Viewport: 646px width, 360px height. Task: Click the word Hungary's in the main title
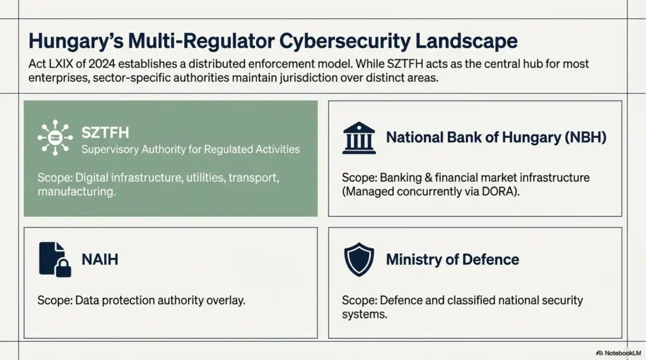[x=76, y=42]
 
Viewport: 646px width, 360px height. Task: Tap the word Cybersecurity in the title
[x=345, y=42]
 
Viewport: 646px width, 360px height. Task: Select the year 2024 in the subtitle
[x=102, y=64]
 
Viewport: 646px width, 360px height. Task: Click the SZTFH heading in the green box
[x=105, y=132]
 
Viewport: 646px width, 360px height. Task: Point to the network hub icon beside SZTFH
[x=56, y=137]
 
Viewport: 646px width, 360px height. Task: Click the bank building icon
[x=359, y=138]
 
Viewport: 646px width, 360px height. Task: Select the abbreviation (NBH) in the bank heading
[x=585, y=137]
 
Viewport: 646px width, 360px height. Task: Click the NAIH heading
[x=100, y=260]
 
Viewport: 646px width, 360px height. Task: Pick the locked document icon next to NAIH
[x=55, y=259]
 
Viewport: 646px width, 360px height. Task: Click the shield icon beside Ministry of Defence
[x=359, y=260]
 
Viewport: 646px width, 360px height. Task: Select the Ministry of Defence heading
[x=452, y=260]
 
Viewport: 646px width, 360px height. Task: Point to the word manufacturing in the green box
[x=76, y=192]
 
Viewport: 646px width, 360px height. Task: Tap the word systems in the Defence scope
[x=365, y=314]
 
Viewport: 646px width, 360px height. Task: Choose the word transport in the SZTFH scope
[x=254, y=178]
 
